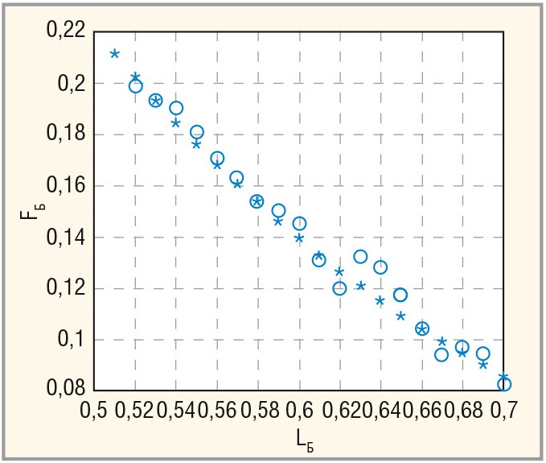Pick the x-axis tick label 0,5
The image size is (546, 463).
pyautogui.click(x=95, y=410)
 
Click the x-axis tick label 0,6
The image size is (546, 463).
pyautogui.click(x=300, y=410)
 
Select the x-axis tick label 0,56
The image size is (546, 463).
pyautogui.click(x=218, y=410)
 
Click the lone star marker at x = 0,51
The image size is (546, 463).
pyautogui.click(x=115, y=54)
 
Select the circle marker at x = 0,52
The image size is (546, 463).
pyautogui.click(x=136, y=86)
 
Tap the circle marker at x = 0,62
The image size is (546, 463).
pyautogui.click(x=339, y=288)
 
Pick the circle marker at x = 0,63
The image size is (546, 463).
pyautogui.click(x=360, y=257)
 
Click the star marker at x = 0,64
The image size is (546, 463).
pyautogui.click(x=380, y=300)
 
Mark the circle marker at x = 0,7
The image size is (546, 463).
pyautogui.click(x=504, y=384)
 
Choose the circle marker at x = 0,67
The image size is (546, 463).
pyautogui.click(x=441, y=354)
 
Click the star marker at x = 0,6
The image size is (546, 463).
pyautogui.click(x=299, y=238)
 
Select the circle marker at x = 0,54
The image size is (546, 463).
pyautogui.click(x=176, y=108)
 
